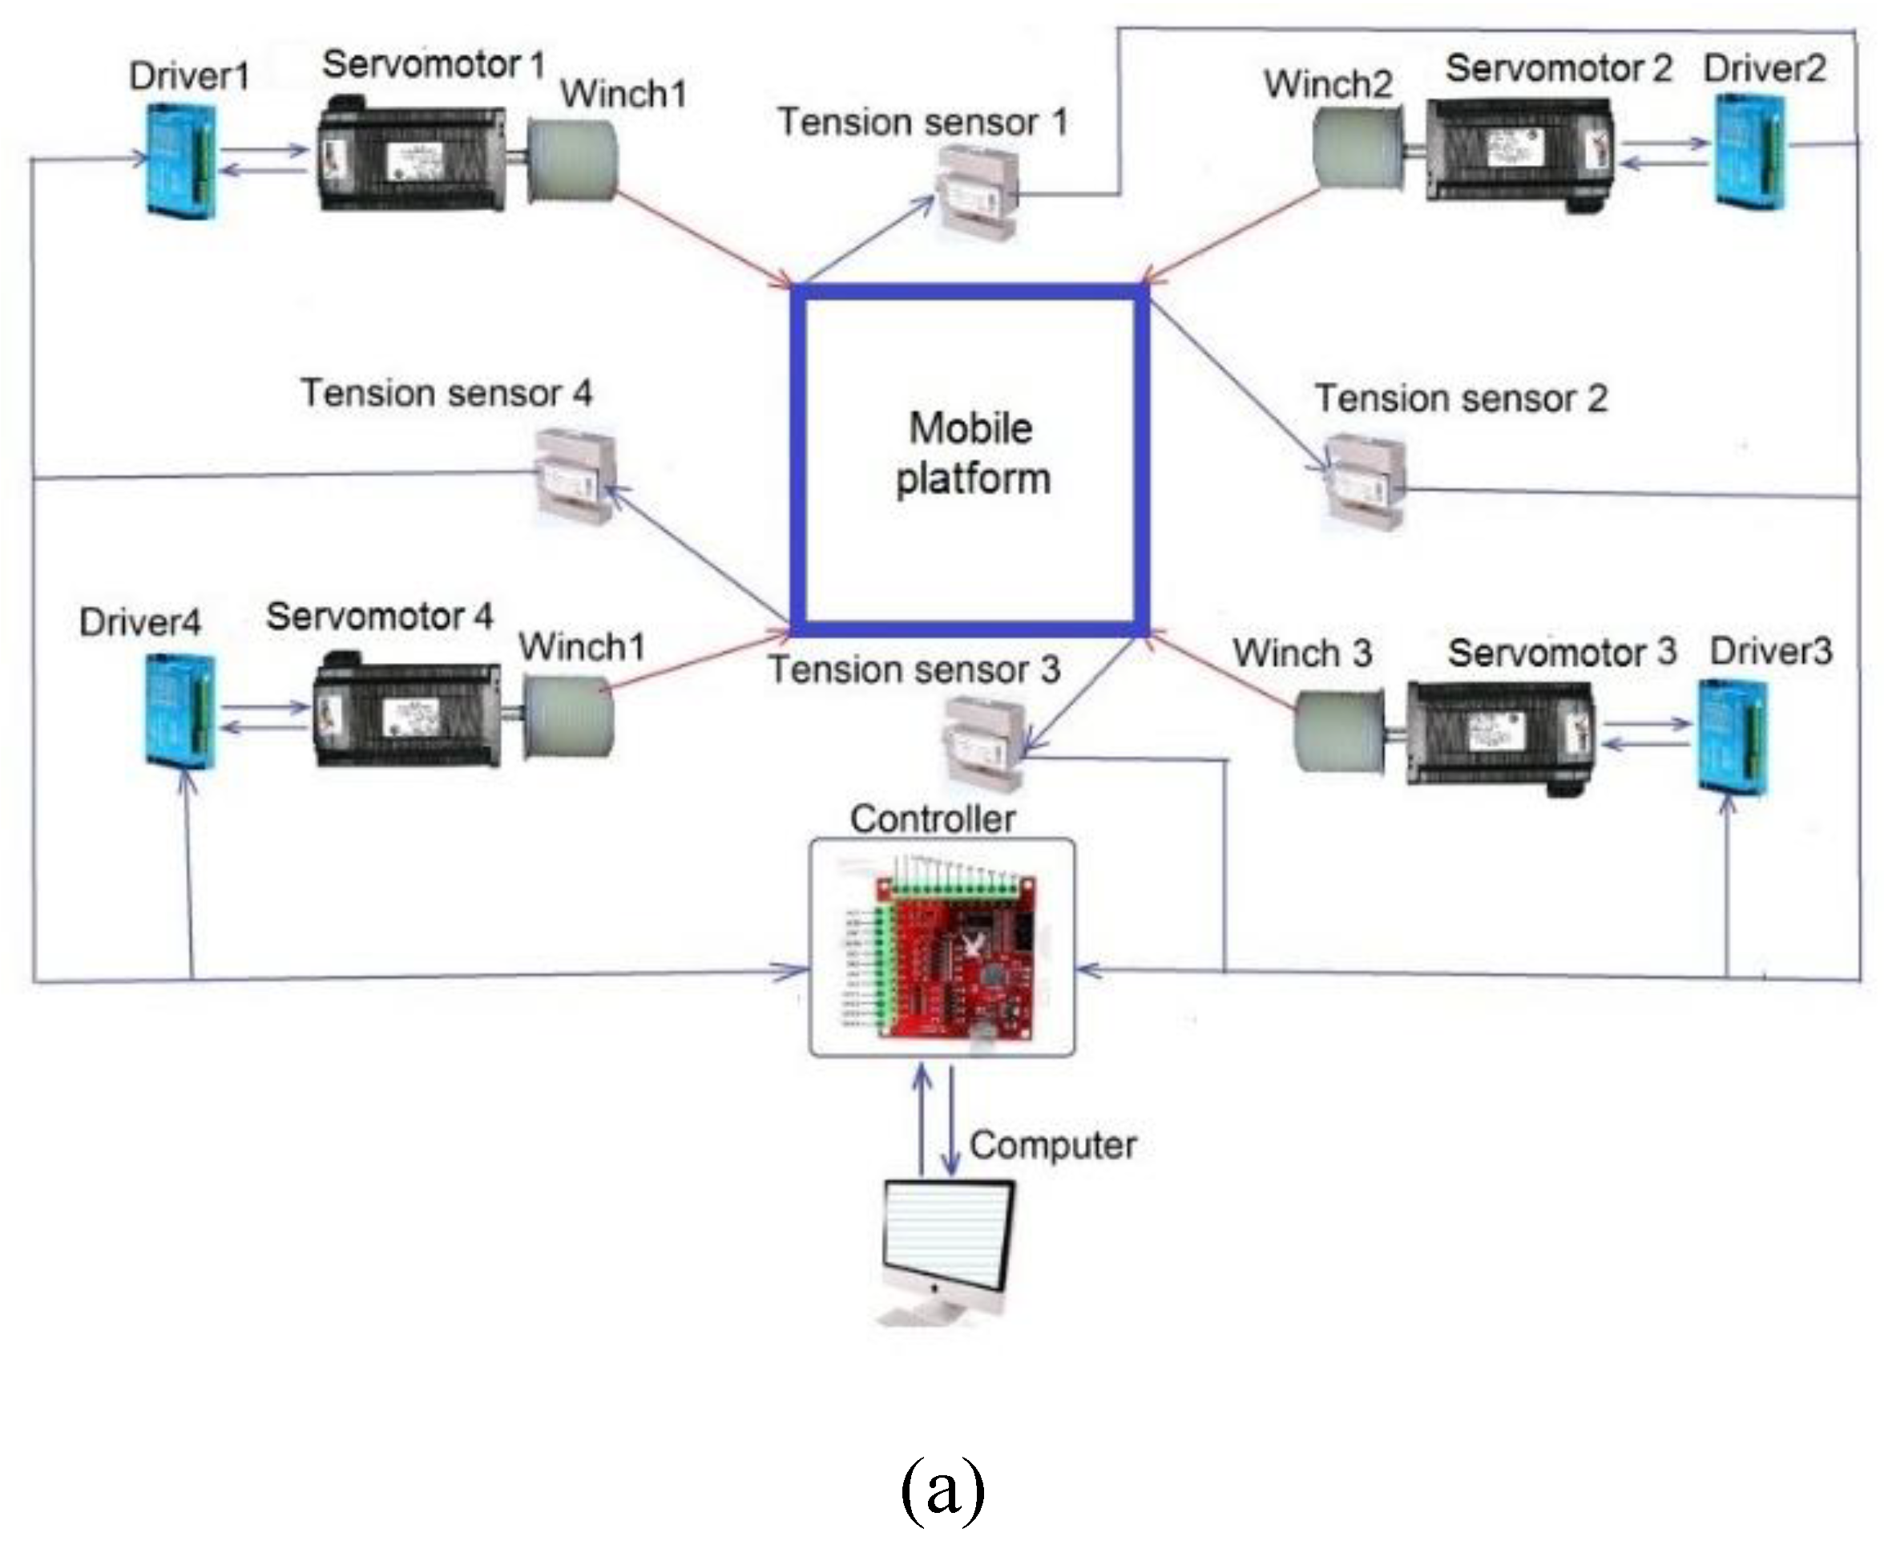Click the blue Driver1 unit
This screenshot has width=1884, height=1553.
[x=182, y=161]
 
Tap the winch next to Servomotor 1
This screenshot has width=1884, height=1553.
[x=571, y=160]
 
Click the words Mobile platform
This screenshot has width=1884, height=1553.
[x=971, y=454]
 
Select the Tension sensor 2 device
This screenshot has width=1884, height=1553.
[x=1364, y=483]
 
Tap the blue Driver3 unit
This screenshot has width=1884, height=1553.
[x=1733, y=736]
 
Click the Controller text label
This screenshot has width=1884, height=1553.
[x=932, y=819]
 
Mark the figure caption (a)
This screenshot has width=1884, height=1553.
[x=942, y=1490]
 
